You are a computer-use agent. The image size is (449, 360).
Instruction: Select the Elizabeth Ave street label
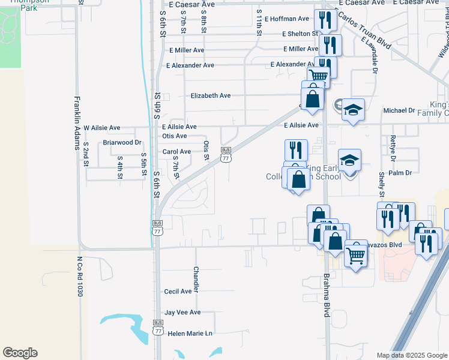click(x=211, y=95)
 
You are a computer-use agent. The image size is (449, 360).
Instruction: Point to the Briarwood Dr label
click(x=122, y=143)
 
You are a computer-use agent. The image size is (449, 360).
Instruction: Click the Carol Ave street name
click(x=176, y=152)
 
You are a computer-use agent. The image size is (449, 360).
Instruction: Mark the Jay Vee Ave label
click(x=182, y=313)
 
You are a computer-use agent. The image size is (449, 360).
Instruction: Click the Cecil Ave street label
click(x=178, y=291)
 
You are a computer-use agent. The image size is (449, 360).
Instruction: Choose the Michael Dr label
click(x=399, y=110)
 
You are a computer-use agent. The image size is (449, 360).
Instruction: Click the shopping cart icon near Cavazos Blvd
click(x=356, y=254)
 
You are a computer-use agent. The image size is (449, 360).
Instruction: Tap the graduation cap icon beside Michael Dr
click(x=354, y=110)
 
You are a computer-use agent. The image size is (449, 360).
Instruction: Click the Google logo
click(x=20, y=353)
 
